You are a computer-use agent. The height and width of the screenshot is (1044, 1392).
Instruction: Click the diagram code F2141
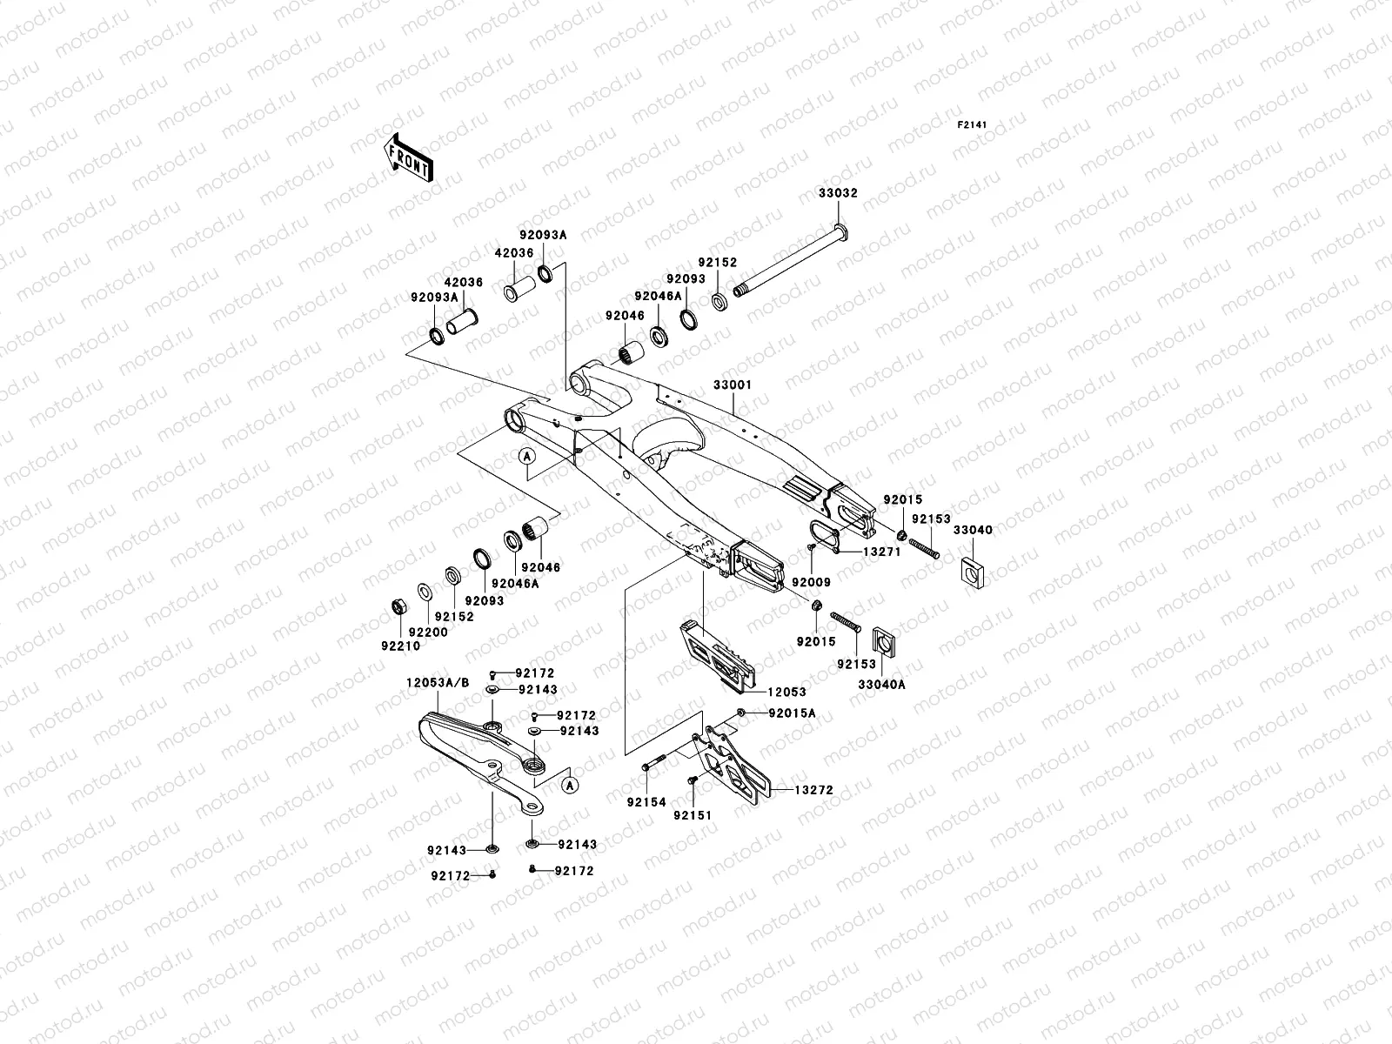click(x=974, y=125)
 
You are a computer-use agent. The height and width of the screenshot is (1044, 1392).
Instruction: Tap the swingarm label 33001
click(x=733, y=385)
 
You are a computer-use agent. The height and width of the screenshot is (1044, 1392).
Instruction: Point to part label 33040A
click(x=882, y=685)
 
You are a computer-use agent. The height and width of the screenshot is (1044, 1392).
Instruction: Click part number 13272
click(x=813, y=791)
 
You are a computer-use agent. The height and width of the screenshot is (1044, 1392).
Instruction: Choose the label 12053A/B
click(x=438, y=683)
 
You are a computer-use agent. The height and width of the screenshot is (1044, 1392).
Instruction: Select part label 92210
click(x=400, y=646)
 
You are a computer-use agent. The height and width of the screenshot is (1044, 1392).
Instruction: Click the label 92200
click(x=428, y=632)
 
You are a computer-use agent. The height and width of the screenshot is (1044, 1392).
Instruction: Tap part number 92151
click(x=692, y=815)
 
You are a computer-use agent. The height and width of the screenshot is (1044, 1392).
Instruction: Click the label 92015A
click(x=792, y=713)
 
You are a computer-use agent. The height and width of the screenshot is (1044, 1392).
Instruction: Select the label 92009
click(x=811, y=582)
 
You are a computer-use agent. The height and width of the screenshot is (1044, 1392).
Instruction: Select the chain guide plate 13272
click(x=735, y=761)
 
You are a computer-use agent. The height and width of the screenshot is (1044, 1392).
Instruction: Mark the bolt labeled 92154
click(x=653, y=766)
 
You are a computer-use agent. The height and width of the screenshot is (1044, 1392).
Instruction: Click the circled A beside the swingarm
click(x=526, y=456)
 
